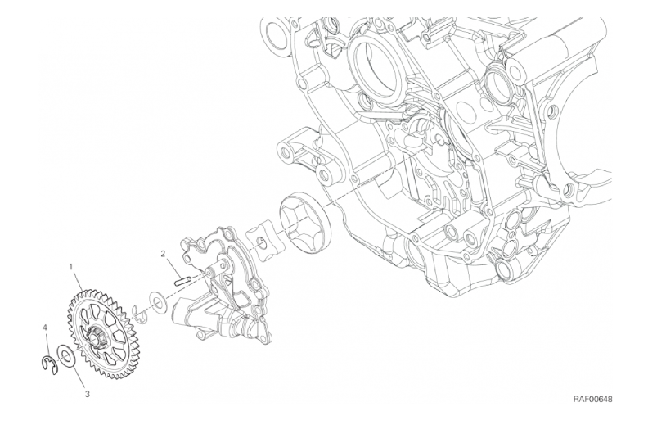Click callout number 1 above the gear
pyautogui.click(x=71, y=267)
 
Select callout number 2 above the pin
pyautogui.click(x=164, y=253)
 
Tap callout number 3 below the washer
pyautogui.click(x=88, y=394)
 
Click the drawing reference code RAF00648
pyautogui.click(x=592, y=400)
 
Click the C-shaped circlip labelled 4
pyautogui.click(x=48, y=364)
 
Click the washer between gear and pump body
pyautogui.click(x=157, y=302)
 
